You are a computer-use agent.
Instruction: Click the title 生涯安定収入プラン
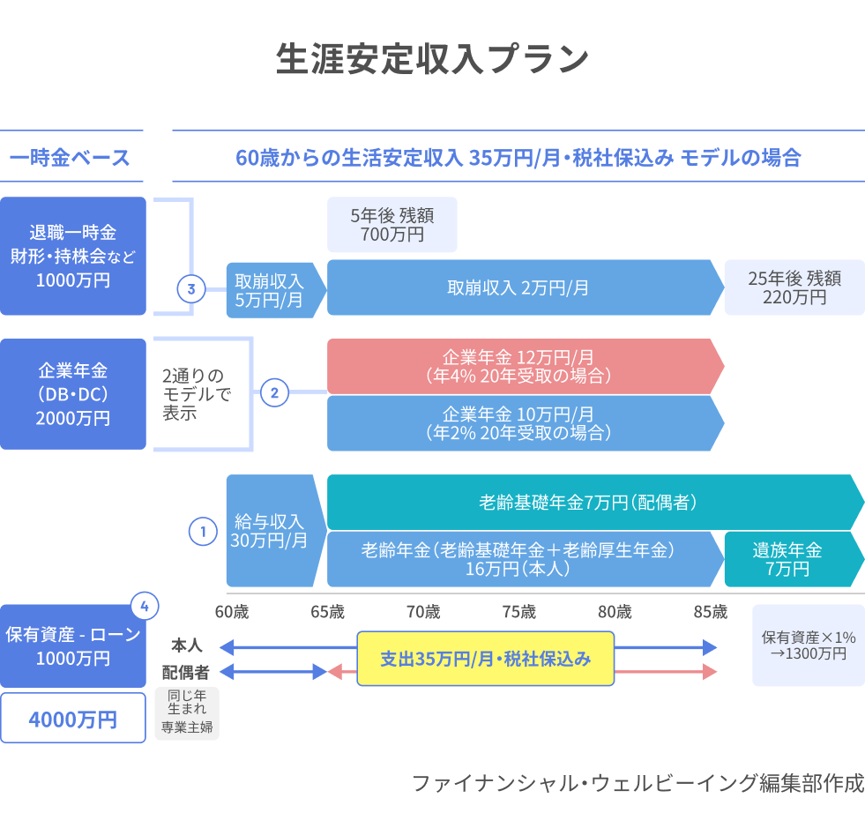point(432,60)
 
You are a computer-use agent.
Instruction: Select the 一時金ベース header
point(71,158)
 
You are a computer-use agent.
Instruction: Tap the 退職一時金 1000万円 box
point(73,256)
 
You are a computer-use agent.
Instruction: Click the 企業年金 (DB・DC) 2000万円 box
point(73,394)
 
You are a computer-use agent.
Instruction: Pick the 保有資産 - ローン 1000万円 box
point(73,646)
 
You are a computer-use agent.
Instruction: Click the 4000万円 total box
point(73,718)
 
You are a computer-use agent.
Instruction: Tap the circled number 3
point(191,288)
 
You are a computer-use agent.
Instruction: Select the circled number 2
point(274,393)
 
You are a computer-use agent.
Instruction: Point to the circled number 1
point(203,532)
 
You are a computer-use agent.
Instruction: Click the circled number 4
point(145,606)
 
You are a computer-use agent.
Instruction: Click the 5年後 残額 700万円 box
point(391,224)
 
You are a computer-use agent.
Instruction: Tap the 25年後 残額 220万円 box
point(794,287)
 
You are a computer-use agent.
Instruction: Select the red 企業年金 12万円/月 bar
point(520,366)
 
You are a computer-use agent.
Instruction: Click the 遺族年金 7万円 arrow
point(789,559)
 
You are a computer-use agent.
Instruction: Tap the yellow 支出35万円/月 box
point(485,658)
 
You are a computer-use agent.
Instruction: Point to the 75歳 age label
point(519,612)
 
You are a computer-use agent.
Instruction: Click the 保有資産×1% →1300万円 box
point(808,645)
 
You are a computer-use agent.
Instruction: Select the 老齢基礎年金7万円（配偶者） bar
point(591,503)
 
